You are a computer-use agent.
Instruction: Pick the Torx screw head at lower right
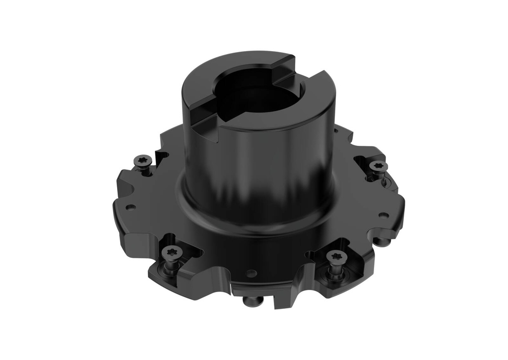point(335,256)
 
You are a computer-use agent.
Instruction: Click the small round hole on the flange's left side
point(129,207)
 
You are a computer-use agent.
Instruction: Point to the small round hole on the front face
point(252,273)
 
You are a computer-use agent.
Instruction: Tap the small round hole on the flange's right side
point(382,215)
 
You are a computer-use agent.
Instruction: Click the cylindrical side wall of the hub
point(258,164)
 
